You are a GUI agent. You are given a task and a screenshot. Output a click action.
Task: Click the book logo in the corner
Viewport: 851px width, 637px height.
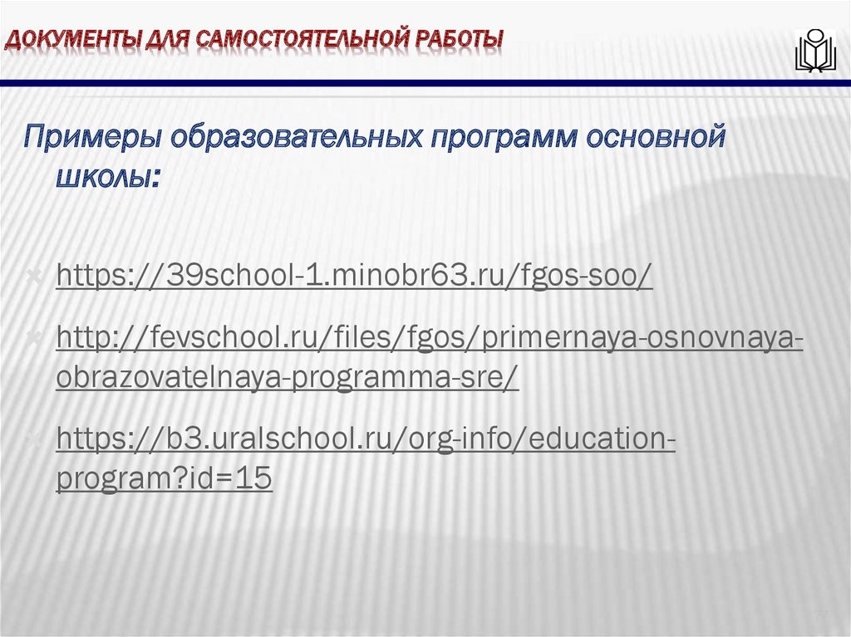pos(814,51)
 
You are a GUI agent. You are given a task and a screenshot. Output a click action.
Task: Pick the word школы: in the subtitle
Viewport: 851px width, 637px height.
pos(106,178)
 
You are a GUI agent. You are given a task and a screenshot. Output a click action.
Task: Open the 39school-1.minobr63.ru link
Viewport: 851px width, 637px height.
pos(354,277)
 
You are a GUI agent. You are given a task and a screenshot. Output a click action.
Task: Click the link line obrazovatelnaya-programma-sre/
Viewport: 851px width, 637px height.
pos(288,377)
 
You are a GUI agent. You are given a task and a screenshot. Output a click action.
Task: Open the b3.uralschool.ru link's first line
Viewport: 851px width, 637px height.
pos(366,439)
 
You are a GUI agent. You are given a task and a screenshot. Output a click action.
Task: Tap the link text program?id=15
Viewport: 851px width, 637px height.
pos(164,478)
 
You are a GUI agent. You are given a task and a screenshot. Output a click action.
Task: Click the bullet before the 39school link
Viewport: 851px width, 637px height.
pos(36,276)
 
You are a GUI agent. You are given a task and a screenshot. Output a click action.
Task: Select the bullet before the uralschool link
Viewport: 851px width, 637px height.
pos(36,439)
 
